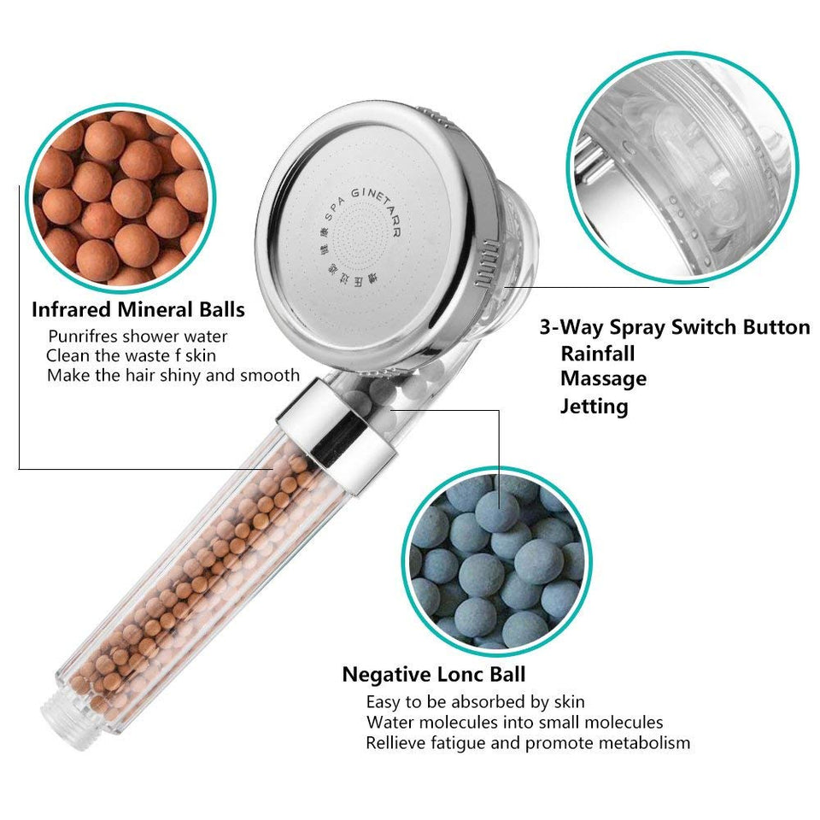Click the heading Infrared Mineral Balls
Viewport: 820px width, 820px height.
tap(138, 309)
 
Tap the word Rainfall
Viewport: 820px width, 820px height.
tap(597, 353)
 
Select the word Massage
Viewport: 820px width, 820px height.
tap(603, 378)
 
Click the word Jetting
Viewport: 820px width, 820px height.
tap(594, 406)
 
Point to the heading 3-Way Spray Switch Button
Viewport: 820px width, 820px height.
tap(674, 327)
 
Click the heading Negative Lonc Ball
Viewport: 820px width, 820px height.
tap(434, 674)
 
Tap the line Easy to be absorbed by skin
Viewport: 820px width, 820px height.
tap(475, 702)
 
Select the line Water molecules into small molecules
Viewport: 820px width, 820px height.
tap(514, 723)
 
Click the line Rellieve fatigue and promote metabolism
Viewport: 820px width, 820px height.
tap(527, 743)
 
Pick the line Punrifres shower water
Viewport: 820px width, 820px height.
tap(138, 337)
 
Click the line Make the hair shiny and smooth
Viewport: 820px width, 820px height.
tap(173, 375)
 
